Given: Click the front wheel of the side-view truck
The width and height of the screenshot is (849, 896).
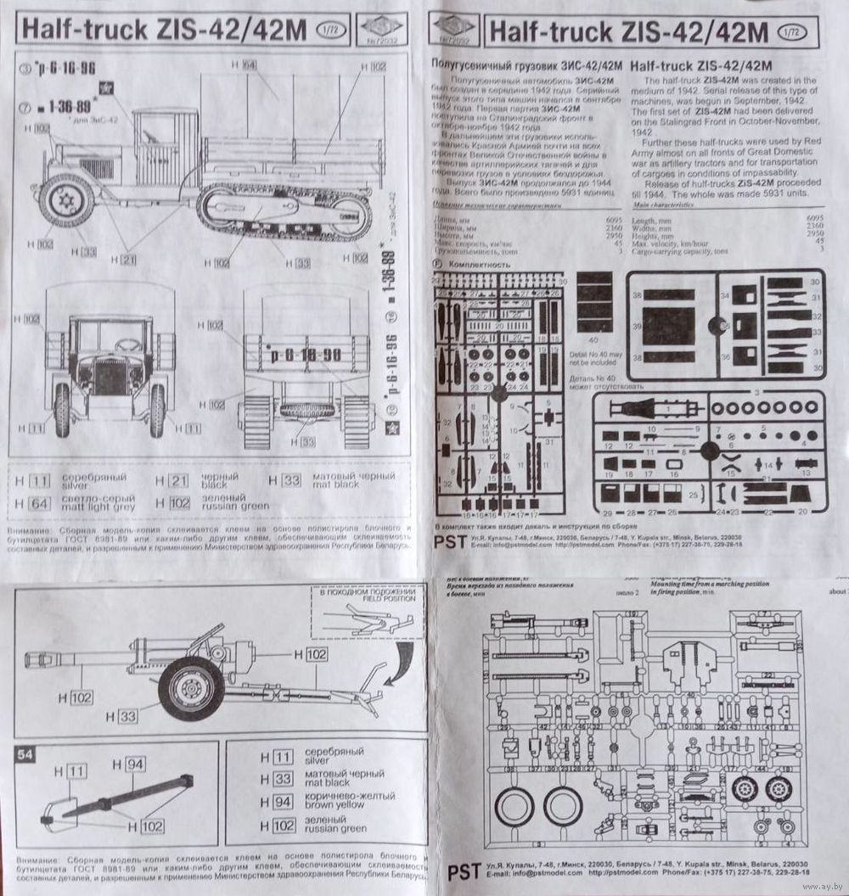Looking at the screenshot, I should click(66, 201).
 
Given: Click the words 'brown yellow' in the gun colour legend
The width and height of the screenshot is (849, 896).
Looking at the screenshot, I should click(338, 804).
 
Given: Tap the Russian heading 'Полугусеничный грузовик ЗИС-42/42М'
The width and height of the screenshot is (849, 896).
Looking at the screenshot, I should click(526, 65).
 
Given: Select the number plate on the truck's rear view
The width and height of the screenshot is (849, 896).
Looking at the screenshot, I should click(306, 352).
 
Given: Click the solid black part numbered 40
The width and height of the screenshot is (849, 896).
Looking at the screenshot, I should click(593, 302).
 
